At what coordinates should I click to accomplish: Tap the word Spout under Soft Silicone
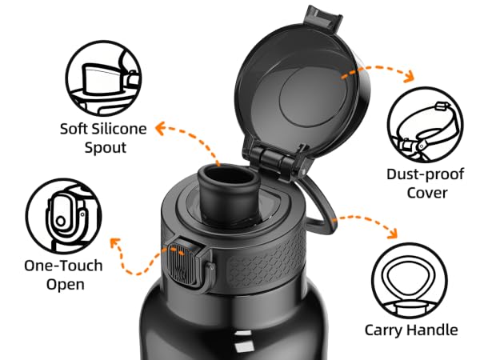[106, 148]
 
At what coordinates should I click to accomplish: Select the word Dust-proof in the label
[426, 174]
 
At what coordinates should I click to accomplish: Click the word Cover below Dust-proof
[427, 193]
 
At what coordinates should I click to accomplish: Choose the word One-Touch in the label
[63, 266]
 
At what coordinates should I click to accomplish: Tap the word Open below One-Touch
[66, 284]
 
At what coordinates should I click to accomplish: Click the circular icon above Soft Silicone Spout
[103, 78]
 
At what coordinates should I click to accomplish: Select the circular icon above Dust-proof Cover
[426, 125]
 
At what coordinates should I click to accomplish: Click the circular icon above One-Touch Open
[63, 216]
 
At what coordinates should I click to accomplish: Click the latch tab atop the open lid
[324, 17]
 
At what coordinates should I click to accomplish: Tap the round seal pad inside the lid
[313, 97]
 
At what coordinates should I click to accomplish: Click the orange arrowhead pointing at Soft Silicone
[160, 128]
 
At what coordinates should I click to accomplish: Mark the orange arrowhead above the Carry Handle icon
[393, 234]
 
